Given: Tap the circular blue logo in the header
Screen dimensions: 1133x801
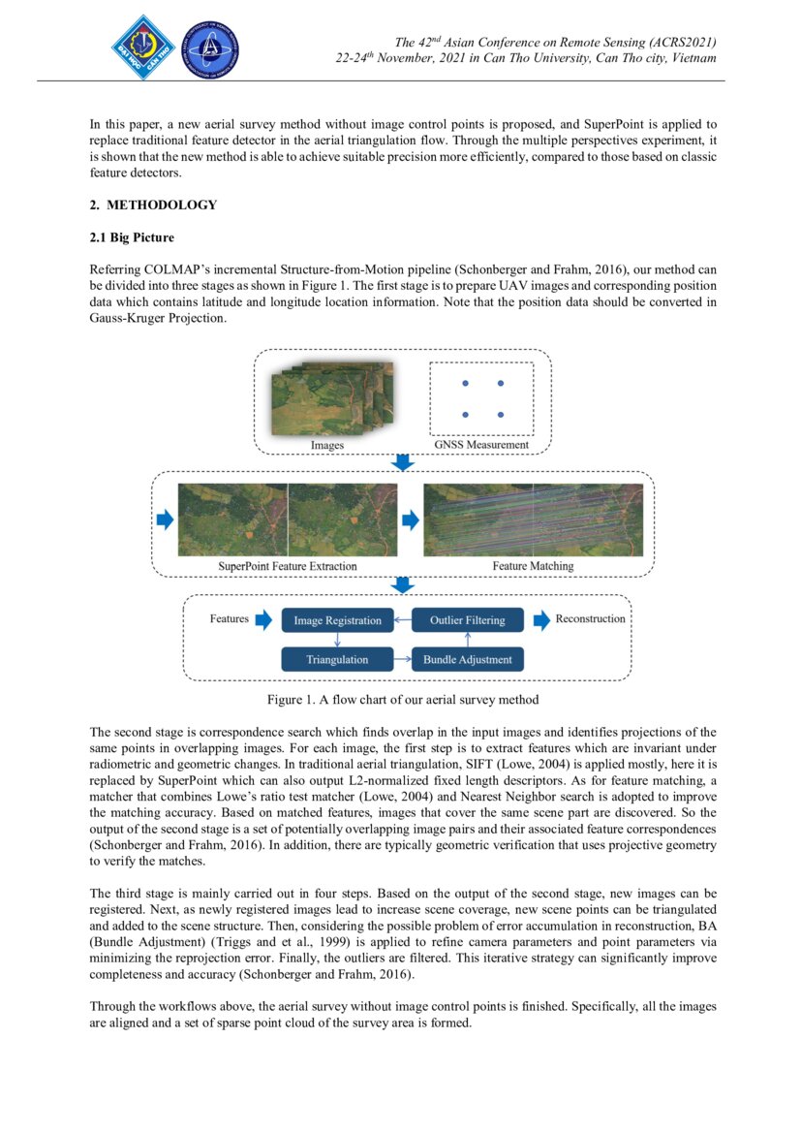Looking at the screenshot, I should pos(210,48).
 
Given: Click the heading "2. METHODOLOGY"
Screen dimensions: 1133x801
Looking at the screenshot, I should pos(153,205).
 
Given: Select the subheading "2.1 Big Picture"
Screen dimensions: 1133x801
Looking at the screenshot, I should pos(132,237).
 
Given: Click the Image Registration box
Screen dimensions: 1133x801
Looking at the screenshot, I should pos(337,620).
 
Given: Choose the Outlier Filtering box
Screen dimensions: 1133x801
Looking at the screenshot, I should pos(467,620).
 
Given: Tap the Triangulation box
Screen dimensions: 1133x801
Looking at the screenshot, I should pos(337,660).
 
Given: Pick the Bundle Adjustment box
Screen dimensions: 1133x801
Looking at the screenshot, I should pos(467,660).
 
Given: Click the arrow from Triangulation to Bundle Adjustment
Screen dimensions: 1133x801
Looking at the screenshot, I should pos(402,660).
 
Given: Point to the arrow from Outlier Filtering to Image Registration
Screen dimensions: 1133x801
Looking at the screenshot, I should pos(402,620).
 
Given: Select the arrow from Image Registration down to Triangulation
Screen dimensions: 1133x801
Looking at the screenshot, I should pos(337,640).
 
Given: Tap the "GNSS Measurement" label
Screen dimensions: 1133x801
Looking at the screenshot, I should pos(481,445).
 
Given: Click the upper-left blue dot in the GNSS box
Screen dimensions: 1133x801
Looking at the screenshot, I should pos(465,384).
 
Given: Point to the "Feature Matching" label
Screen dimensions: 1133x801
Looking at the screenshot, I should pos(532,566).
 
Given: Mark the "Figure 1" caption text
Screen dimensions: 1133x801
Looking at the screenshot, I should pos(403,699).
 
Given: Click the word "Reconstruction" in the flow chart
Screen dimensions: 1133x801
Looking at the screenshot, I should pos(590,618).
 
